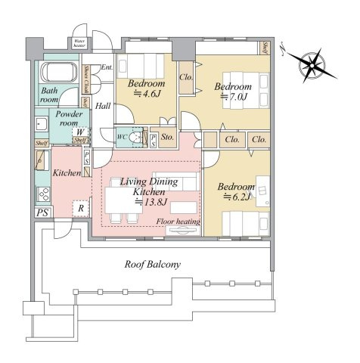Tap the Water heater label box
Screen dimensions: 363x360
78,43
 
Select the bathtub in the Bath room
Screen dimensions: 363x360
57,74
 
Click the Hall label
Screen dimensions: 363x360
104,106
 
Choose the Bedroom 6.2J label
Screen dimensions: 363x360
236,191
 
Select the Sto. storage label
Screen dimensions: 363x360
168,138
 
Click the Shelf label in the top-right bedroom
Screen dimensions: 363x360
267,48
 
